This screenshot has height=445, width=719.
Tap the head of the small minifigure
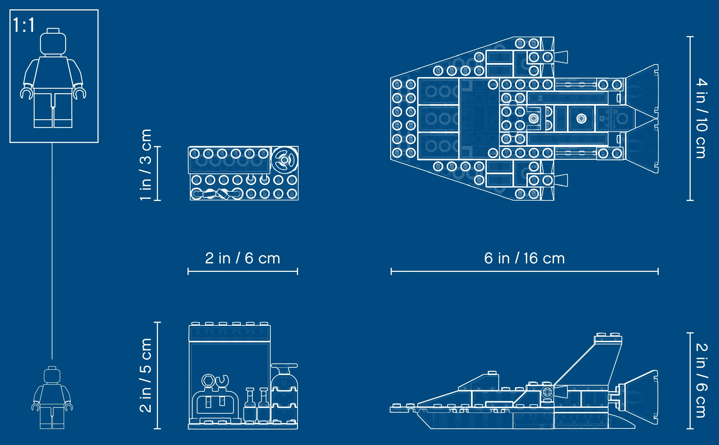tap(52, 375)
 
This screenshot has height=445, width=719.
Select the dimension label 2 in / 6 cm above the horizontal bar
tap(242, 258)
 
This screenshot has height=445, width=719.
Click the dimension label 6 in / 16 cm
tap(524, 258)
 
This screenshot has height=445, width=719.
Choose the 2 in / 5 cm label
tap(145, 375)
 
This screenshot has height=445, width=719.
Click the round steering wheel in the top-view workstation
tap(284, 160)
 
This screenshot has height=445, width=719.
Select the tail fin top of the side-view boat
tap(608, 338)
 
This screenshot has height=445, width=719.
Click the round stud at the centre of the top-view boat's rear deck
tap(581, 119)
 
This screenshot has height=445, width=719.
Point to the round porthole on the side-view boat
tap(547, 392)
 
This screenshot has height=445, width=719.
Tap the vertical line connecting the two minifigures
tap(52, 251)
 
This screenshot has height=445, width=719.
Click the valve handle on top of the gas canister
tap(284, 366)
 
